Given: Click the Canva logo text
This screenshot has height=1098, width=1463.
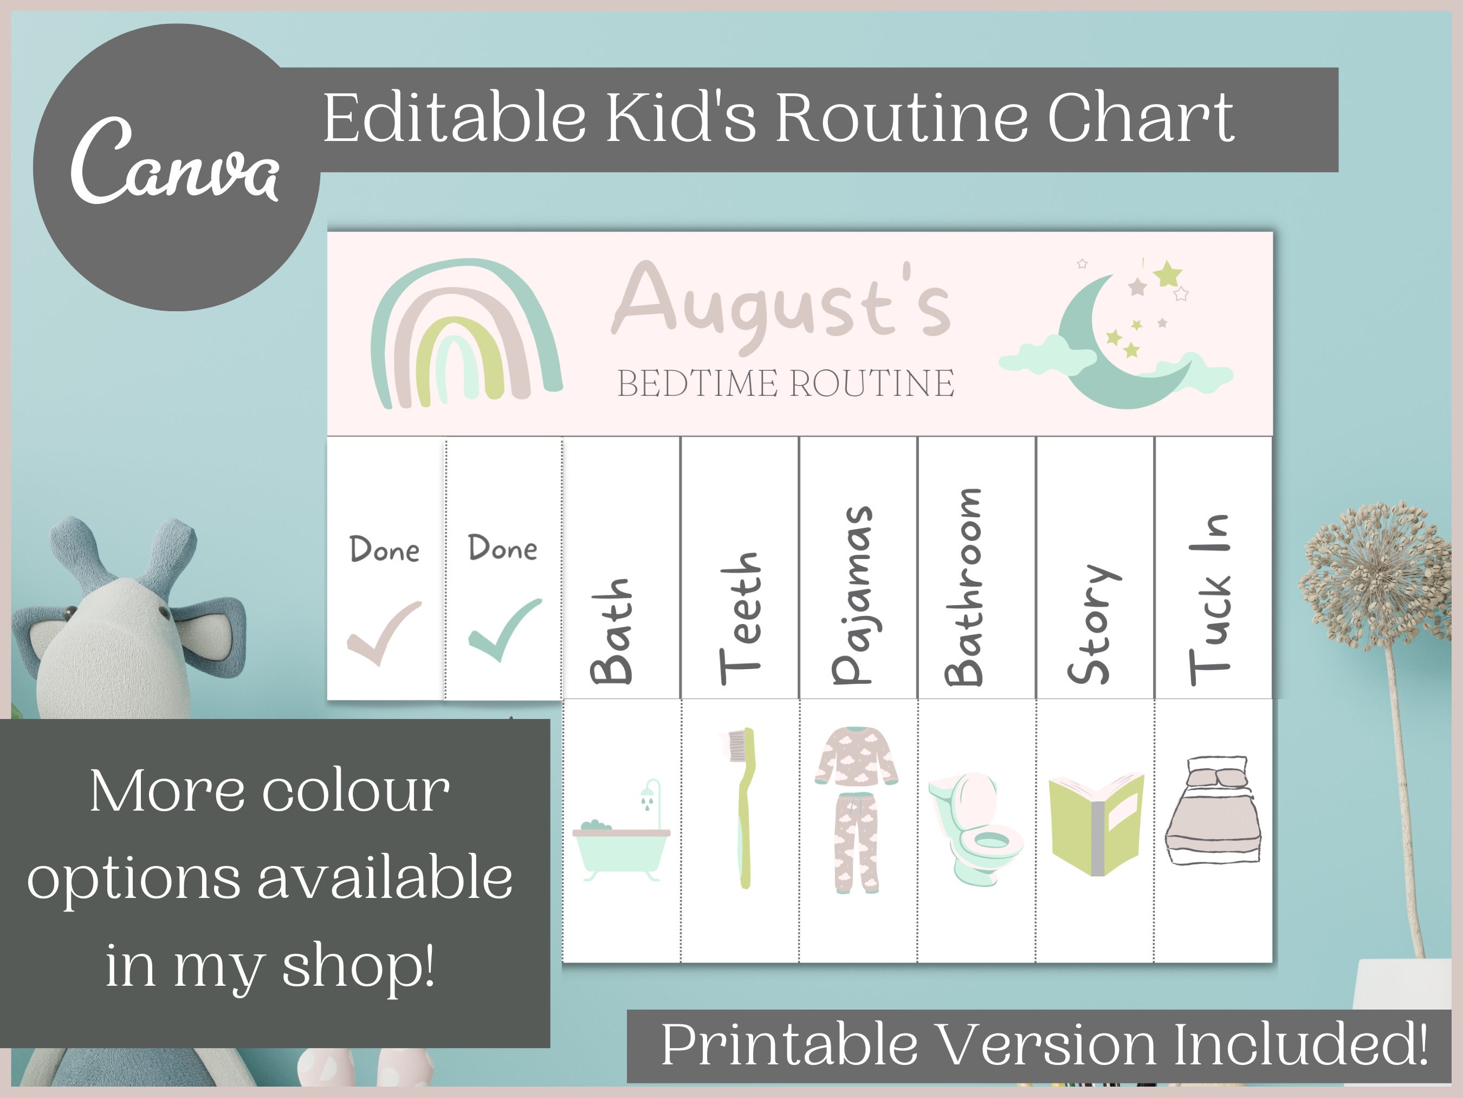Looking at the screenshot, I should pyautogui.click(x=174, y=162).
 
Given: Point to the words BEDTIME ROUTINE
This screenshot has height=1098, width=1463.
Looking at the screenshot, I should pyautogui.click(x=786, y=384).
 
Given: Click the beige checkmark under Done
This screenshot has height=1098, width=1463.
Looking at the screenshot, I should pyautogui.click(x=384, y=632).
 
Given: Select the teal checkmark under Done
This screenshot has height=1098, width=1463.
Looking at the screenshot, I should pyautogui.click(x=504, y=629).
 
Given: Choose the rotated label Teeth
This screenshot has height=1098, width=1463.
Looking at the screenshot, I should pyautogui.click(x=741, y=619).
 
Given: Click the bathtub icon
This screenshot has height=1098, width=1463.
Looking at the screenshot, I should pyautogui.click(x=622, y=834).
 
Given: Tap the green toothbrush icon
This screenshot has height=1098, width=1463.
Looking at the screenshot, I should pyautogui.click(x=743, y=807).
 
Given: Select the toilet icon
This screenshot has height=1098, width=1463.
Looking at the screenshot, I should pyautogui.click(x=975, y=827).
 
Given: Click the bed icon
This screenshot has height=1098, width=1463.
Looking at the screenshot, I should pyautogui.click(x=1212, y=811).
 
